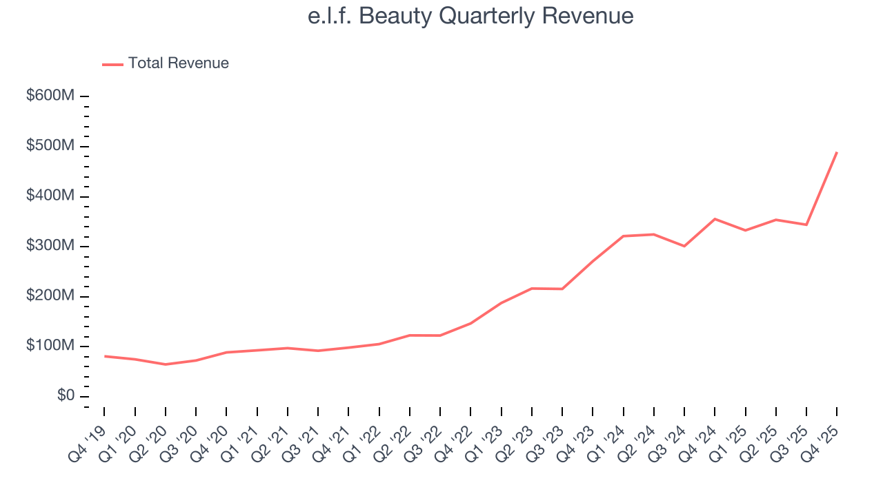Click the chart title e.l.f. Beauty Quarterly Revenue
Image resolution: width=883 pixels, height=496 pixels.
[470, 16]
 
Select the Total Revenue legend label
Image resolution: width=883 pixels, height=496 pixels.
[178, 63]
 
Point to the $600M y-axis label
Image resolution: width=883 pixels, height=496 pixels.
[50, 96]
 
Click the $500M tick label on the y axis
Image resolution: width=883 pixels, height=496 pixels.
[50, 146]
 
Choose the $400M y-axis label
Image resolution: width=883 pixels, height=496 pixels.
[50, 196]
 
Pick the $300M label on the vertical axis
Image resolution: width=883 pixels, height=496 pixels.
[50, 246]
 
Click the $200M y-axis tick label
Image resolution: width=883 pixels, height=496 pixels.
[50, 296]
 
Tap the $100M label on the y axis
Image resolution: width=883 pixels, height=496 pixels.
[50, 346]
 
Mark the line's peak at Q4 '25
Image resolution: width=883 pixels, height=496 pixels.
[837, 152]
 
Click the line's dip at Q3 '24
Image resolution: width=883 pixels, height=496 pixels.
[684, 246]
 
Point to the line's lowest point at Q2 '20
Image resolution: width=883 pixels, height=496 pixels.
[166, 364]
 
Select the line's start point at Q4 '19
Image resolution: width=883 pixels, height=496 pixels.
[104, 356]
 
